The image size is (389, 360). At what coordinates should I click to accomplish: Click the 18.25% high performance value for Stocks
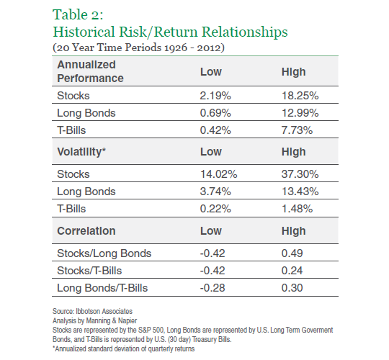tap(300, 96)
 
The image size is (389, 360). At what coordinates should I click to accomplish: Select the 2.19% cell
tap(215, 96)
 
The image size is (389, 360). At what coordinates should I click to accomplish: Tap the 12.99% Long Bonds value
tap(300, 113)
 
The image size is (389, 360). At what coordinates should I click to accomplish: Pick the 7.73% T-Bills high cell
tap(297, 130)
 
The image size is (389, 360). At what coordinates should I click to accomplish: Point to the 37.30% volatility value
tap(300, 174)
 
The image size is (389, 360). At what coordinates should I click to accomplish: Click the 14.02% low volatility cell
tap(218, 174)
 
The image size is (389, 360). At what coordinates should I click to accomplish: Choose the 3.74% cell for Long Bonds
tap(215, 192)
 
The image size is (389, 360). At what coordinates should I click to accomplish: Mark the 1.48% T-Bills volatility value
tap(297, 209)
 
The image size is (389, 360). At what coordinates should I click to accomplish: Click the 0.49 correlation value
tap(292, 253)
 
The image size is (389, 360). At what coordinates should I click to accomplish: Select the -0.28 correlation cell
tap(213, 288)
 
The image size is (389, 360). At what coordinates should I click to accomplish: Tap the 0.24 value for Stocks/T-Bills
tap(292, 271)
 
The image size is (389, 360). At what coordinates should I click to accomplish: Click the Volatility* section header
tap(81, 152)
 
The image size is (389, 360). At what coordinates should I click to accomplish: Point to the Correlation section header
tap(86, 231)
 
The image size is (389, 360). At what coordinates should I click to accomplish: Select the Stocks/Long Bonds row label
tap(104, 253)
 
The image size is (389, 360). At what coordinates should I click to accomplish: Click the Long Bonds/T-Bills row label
tap(102, 288)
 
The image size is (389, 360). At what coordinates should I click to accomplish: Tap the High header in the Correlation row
tap(293, 231)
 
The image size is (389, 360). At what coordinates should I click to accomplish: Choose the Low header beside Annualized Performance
tap(211, 72)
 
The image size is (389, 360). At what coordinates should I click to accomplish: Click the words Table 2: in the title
tap(78, 14)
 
